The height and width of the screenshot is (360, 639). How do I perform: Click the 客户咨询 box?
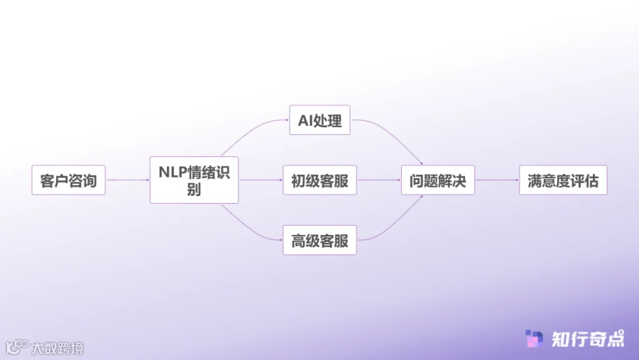[68, 180]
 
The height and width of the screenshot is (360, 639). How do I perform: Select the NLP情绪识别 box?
[194, 180]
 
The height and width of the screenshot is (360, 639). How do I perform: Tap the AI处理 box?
[319, 121]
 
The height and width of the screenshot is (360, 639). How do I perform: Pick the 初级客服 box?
[319, 180]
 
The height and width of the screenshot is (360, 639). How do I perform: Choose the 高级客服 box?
[319, 240]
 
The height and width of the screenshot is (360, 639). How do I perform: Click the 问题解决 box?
[437, 180]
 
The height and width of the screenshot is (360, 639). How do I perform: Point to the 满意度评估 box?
[563, 180]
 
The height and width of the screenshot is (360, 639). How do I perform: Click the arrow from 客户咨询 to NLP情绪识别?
[127, 180]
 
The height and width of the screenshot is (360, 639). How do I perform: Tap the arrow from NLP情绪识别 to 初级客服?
[261, 180]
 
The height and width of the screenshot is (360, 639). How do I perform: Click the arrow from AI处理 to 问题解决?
[394, 134]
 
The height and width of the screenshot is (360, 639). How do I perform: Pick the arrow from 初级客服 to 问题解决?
[378, 180]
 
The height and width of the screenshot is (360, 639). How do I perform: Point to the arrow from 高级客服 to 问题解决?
[394, 226]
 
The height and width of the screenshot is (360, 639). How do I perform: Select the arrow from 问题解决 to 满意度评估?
[496, 180]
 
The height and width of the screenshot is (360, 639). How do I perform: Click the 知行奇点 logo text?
[588, 339]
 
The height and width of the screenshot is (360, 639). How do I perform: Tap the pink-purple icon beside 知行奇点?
[534, 339]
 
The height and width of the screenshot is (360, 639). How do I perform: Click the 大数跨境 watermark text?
[57, 348]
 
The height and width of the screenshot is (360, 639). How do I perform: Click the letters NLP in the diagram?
[171, 173]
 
